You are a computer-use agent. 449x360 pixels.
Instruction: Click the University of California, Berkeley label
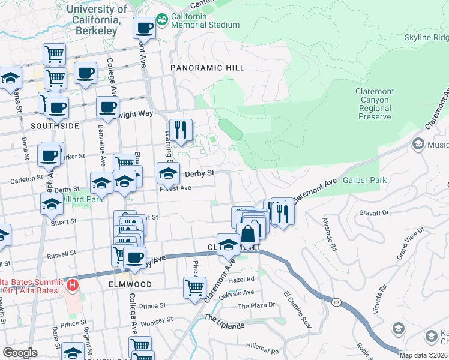(x=97, y=14)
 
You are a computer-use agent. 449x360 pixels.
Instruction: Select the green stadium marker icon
(x=161, y=20)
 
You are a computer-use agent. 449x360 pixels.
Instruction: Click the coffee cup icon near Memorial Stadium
(x=144, y=28)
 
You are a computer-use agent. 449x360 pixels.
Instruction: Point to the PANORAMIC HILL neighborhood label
(x=207, y=68)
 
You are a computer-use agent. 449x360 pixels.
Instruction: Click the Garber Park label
(x=364, y=180)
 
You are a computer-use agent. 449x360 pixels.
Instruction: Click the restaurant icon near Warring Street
(x=180, y=130)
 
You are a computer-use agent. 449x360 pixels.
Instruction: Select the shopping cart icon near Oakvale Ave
(x=194, y=288)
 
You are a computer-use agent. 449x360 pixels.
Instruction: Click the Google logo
(x=20, y=353)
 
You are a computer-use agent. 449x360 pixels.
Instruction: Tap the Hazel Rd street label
(x=242, y=279)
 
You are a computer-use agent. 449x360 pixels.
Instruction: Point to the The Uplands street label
(x=224, y=322)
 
